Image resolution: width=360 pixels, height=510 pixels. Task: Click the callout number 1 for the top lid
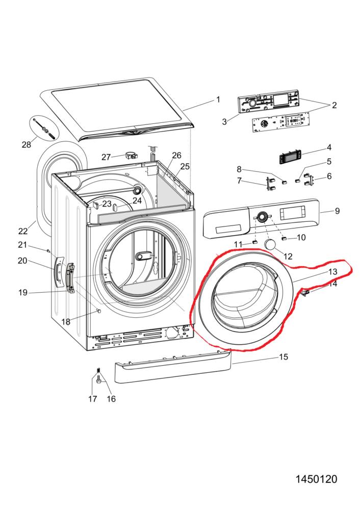click(218, 99)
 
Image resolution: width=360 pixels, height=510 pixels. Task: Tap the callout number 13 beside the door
click(333, 271)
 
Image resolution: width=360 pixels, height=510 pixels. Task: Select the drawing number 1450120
click(316, 479)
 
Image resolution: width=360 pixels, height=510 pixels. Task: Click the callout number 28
click(26, 145)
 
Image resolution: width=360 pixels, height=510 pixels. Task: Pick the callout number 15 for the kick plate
click(284, 356)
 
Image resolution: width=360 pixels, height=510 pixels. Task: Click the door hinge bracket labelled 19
click(70, 278)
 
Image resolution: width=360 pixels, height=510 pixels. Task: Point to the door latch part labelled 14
click(306, 292)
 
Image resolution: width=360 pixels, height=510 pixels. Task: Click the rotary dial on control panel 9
click(262, 217)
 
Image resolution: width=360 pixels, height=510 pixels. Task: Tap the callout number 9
click(337, 211)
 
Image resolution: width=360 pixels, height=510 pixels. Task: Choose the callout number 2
click(334, 106)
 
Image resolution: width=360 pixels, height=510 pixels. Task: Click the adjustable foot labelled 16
click(99, 380)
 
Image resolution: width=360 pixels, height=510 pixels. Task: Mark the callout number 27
click(106, 157)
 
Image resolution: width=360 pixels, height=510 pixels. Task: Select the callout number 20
click(22, 261)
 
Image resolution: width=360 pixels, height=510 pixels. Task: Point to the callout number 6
click(329, 176)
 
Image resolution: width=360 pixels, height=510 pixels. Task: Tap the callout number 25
click(185, 166)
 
